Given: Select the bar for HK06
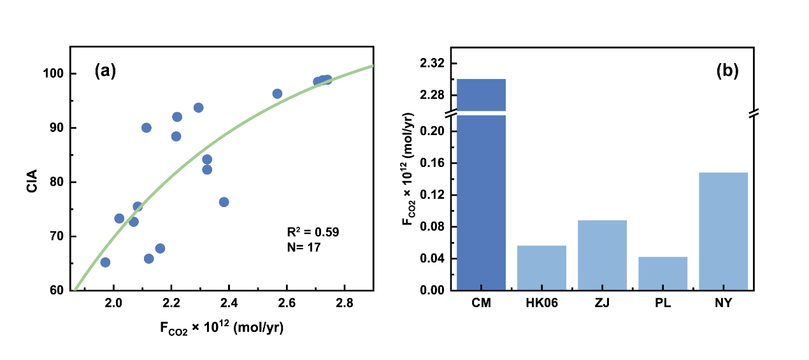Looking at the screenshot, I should pos(541,268).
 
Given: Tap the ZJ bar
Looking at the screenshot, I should pos(602,255).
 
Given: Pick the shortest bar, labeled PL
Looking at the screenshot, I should pos(662,273).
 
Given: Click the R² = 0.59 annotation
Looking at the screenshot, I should pos(313,232).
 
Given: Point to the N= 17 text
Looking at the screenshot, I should pos(304,246).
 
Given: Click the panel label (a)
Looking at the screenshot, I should pos(105,71).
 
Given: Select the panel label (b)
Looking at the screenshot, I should pos(727,71).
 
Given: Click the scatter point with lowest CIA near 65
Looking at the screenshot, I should pos(105,263).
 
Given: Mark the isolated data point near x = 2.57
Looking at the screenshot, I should pos(277,94).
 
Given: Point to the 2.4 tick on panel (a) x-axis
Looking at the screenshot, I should pos(229,302).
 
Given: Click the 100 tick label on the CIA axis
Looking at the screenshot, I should pos(54,74).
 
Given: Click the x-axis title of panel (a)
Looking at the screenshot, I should pos(222,329).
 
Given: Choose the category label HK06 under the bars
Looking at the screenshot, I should pos(541,303).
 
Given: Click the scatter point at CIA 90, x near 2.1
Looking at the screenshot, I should pos(147,128).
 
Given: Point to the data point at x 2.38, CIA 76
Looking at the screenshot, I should pos(224,202).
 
